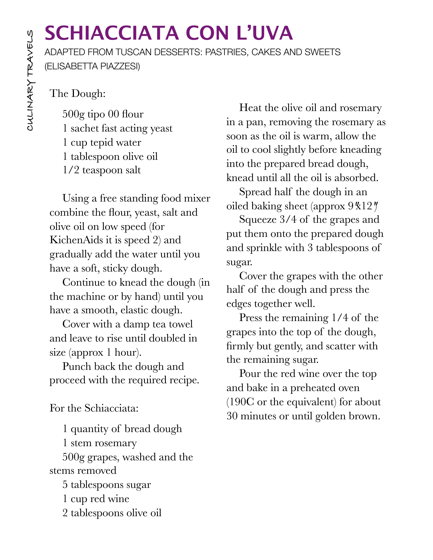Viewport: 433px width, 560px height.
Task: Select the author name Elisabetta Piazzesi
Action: (x=92, y=66)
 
